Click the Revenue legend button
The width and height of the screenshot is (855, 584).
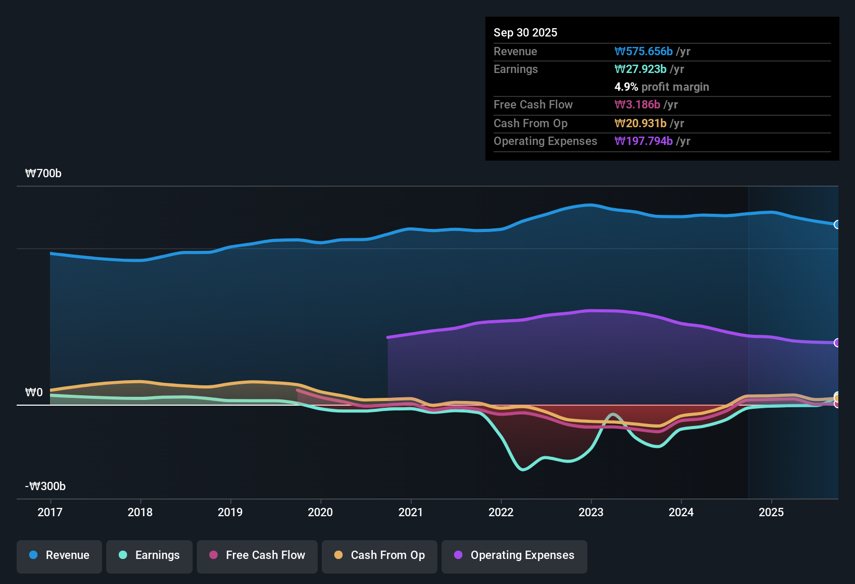coord(59,555)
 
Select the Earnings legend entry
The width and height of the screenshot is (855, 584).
coord(149,555)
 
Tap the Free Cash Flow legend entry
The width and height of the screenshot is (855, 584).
coord(257,555)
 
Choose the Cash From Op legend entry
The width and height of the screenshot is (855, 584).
coord(380,555)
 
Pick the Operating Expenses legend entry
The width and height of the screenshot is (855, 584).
coord(514,555)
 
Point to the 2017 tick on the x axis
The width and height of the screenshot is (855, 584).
coord(50,512)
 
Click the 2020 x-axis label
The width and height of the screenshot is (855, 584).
coord(320,512)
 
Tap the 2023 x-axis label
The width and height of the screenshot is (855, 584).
coord(591,512)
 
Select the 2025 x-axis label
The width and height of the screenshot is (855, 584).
coord(771,512)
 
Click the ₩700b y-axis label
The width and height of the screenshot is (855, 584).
coord(43,174)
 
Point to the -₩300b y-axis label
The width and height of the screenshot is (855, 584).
coord(45,486)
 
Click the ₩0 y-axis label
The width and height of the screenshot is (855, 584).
coord(34,393)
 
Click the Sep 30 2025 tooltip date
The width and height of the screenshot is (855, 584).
coord(525,33)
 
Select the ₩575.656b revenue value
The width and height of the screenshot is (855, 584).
coord(644,52)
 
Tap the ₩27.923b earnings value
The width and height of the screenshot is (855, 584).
coord(640,69)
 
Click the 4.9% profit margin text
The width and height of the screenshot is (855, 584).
coord(661,87)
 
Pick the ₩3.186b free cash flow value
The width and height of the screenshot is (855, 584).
coord(637,105)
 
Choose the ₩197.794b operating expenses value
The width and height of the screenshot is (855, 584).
coord(644,141)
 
